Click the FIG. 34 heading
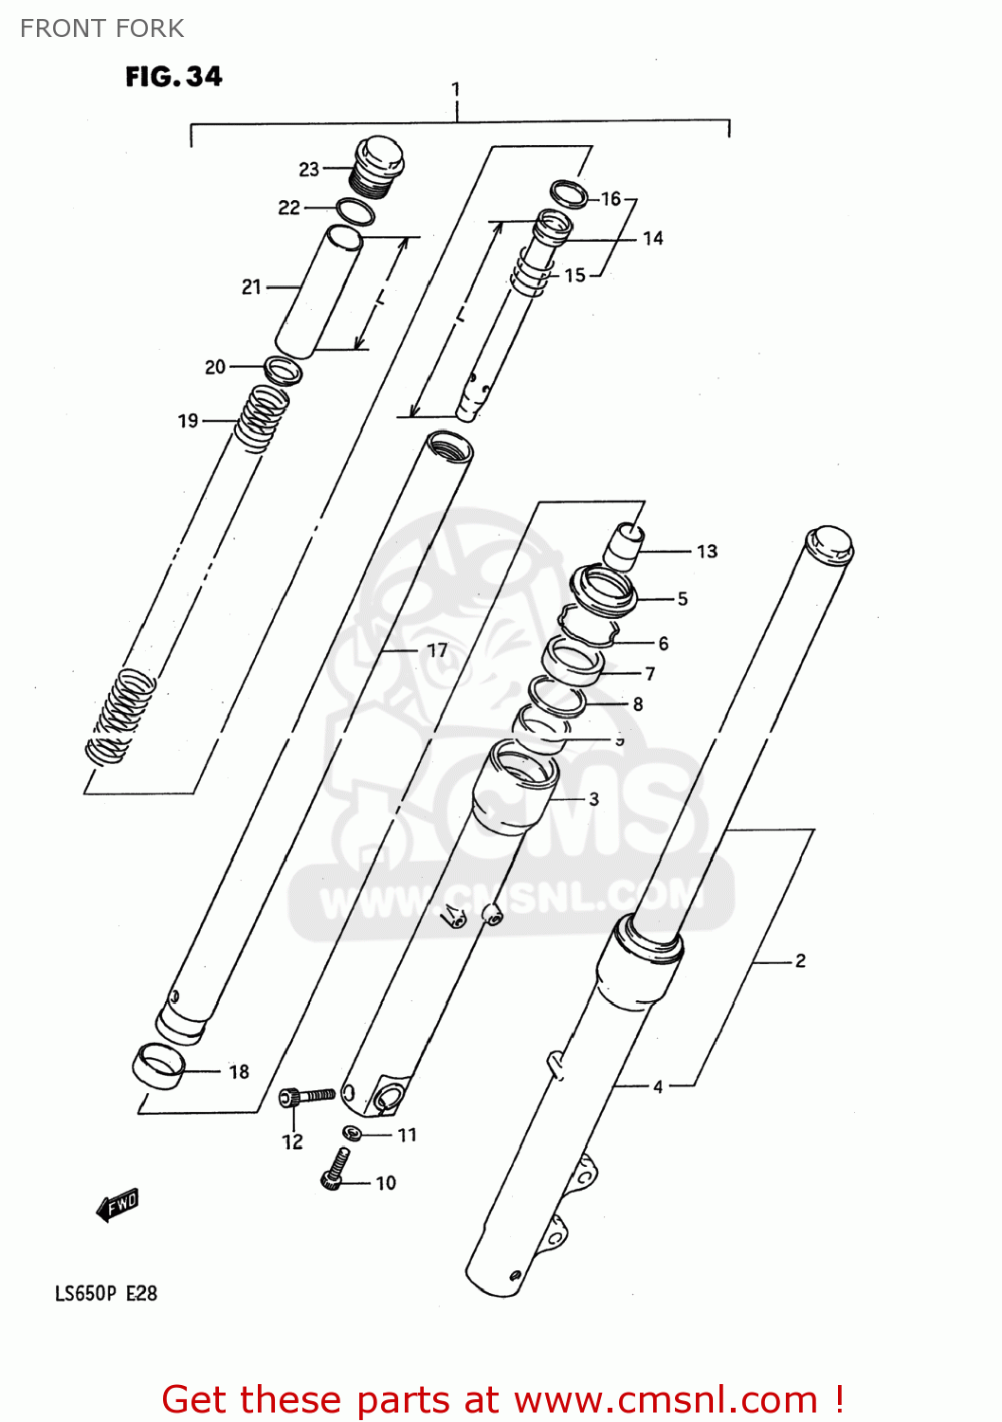(x=173, y=77)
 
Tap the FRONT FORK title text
(x=101, y=28)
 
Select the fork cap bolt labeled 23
(x=378, y=167)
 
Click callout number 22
(x=289, y=208)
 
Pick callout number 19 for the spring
(x=188, y=420)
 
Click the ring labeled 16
(x=569, y=193)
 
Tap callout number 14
(x=652, y=239)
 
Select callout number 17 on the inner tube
(x=436, y=650)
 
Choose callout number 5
(x=682, y=599)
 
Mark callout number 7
(x=649, y=674)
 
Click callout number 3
(x=593, y=799)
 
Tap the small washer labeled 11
(x=351, y=1133)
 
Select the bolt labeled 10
(x=335, y=1170)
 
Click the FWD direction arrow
(x=118, y=1206)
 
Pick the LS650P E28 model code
(x=105, y=1294)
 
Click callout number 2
(x=800, y=961)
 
